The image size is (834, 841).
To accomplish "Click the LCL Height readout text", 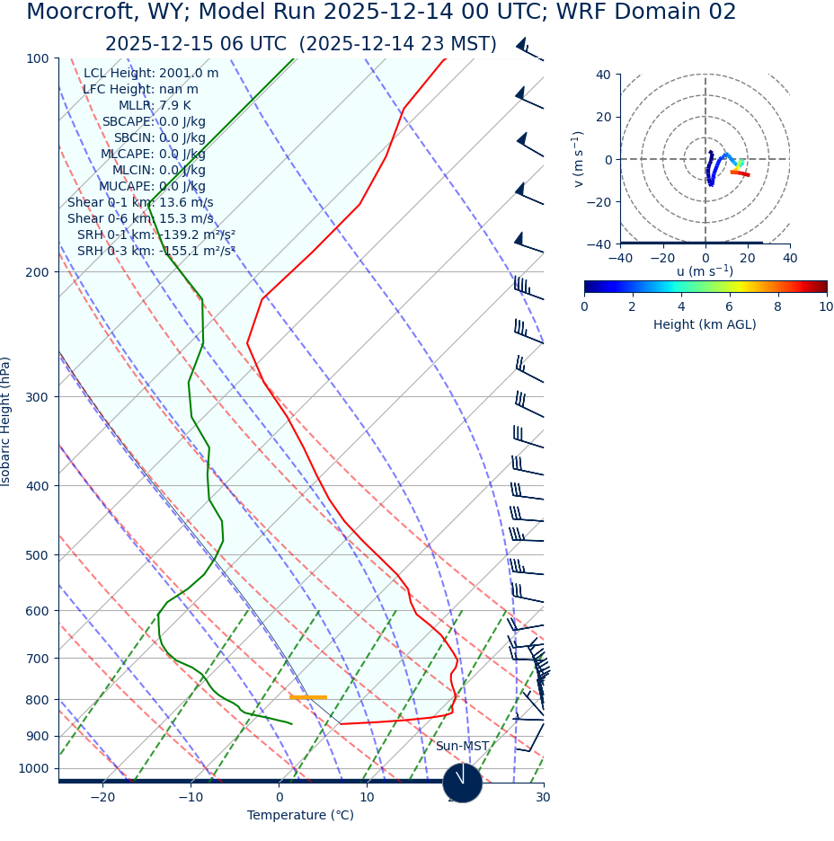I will [150, 74].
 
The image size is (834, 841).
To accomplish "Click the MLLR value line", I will [155, 106].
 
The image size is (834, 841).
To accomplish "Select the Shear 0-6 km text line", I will [140, 219].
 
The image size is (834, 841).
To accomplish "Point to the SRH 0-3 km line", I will [155, 252].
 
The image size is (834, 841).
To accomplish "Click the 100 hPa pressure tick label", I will [38, 58].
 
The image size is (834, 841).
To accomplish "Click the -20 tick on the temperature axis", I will [102, 798].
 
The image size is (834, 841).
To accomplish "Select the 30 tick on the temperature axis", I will [543, 798].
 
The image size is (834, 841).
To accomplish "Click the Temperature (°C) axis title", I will [300, 816].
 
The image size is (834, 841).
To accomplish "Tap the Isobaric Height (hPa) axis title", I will [6, 421].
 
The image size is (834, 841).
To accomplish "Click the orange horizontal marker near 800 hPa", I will [307, 697].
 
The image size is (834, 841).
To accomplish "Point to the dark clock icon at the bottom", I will [463, 783].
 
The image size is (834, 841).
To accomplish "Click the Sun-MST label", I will [462, 747].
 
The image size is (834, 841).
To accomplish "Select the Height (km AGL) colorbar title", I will [705, 325].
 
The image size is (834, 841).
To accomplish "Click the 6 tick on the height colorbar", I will [730, 307].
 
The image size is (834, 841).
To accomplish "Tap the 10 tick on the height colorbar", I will [825, 307].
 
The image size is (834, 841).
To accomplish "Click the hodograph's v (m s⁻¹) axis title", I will [578, 159].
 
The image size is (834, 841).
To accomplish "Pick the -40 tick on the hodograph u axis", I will [620, 259].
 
